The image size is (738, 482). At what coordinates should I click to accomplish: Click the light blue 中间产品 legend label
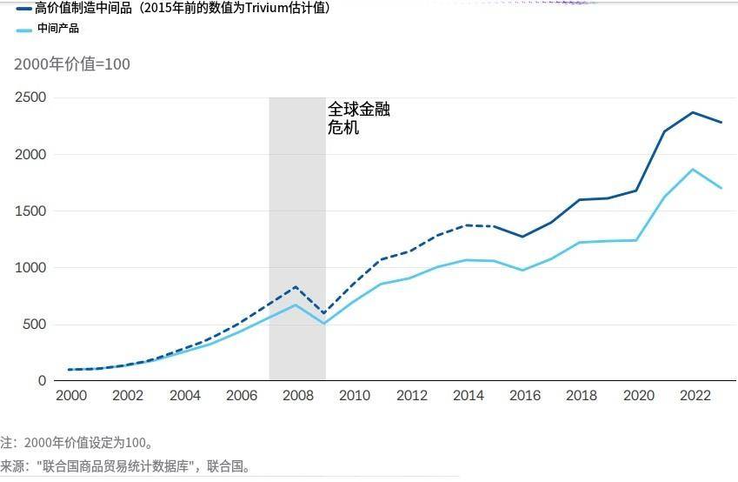57,29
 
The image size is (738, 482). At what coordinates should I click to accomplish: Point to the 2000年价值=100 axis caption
72,64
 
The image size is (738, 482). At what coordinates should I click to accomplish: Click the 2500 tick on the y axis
30,97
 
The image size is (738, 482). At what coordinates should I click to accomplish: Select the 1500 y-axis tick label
30,211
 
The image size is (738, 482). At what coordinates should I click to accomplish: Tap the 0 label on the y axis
42,381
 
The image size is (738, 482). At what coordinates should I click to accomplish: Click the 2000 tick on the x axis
71,396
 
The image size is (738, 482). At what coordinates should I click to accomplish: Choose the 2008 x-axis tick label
298,396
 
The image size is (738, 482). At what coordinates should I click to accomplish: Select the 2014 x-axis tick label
469,396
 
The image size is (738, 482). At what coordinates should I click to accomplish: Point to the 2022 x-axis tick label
695,396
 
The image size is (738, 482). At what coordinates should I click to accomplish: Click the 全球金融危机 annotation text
358,118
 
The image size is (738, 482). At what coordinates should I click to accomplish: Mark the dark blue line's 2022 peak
693,112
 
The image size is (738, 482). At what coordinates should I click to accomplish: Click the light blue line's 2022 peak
693,170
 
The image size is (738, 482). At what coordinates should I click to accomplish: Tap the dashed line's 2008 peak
296,287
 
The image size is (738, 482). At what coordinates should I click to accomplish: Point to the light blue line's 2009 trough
324,324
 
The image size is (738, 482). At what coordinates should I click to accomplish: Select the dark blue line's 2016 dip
522,237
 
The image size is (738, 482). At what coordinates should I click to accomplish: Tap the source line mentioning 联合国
126,467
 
